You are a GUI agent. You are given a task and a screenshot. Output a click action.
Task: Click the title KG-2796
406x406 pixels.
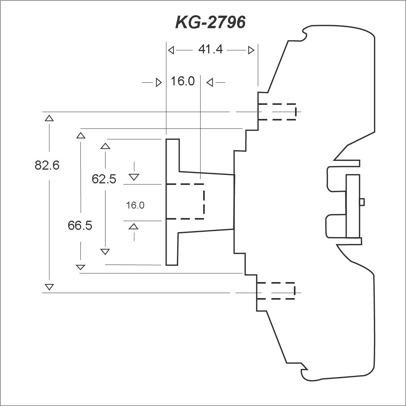point(210,22)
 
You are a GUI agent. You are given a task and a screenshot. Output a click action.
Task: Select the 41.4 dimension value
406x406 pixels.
point(210,49)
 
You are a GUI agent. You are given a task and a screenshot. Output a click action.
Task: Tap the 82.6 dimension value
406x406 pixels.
point(47,165)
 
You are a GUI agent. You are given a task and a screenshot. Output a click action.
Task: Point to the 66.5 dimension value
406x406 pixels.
point(80,225)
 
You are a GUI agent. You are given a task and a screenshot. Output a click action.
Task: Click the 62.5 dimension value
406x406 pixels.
point(104,179)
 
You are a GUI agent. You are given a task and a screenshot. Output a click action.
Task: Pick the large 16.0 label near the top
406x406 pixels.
point(183,81)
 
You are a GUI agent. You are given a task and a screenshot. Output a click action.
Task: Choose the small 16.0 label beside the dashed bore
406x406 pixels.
point(135,205)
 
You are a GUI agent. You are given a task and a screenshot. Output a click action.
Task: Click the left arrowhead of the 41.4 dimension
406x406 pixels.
point(171,50)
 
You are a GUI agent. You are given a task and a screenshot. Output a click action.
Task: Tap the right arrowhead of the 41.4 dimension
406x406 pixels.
point(251,50)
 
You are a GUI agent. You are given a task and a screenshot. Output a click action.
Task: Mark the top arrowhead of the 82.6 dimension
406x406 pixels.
point(49,118)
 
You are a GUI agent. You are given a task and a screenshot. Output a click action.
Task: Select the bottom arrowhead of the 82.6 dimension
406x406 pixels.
point(49,287)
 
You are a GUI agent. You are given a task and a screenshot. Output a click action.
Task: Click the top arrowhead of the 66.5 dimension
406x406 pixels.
point(81,135)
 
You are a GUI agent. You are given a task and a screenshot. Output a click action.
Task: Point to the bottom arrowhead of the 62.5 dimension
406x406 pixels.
point(105,252)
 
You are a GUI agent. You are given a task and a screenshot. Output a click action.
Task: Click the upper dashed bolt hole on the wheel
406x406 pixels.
point(277,112)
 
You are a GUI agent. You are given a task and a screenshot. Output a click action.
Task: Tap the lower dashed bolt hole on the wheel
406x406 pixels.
point(276,291)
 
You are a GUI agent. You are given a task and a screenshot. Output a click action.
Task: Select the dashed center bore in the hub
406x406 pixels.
point(185,202)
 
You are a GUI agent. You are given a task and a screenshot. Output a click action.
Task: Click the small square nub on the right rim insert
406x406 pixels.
point(362,202)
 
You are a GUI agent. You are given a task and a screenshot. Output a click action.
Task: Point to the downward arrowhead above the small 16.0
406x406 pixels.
point(134,177)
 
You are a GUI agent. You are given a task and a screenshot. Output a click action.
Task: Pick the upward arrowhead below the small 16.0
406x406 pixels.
point(133,226)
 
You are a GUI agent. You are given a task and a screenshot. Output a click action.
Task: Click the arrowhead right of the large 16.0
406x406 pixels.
point(210,83)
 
